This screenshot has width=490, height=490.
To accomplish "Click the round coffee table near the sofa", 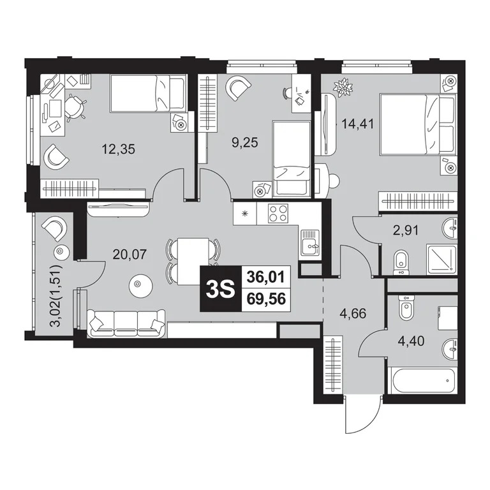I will click(x=140, y=286).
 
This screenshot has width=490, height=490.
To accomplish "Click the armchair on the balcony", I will click(x=54, y=228).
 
